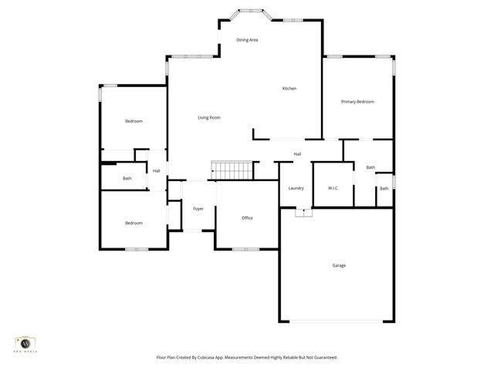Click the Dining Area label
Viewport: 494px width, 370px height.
coord(247,39)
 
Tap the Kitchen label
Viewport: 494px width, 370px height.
coord(289,89)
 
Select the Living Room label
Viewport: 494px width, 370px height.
coord(209,117)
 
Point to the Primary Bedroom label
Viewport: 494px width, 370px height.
coord(358,102)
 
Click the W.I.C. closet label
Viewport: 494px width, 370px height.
coord(333,188)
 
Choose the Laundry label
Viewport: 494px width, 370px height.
coord(296,188)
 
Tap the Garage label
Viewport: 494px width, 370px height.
coord(339,265)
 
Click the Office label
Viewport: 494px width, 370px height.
coord(247,218)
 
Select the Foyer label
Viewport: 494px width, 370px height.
coord(198,208)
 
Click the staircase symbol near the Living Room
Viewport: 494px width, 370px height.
coord(232,171)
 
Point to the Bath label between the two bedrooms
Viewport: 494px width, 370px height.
coord(127,179)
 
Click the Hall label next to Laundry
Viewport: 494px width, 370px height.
coord(297,154)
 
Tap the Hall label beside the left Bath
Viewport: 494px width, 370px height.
coord(156,171)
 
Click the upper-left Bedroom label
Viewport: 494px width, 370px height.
coord(134,121)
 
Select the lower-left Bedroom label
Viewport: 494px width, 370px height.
coord(134,223)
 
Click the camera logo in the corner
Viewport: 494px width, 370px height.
coord(25,343)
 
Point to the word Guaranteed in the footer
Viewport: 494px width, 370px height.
coord(322,358)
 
